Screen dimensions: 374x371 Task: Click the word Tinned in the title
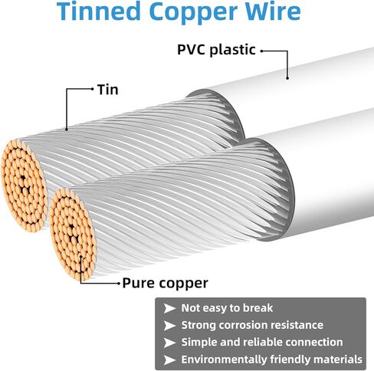point(99,11)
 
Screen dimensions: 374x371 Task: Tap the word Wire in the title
point(273,11)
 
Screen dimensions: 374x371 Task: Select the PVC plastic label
point(216,50)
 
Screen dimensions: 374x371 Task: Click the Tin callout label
point(108,90)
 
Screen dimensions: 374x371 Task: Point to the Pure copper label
point(165,283)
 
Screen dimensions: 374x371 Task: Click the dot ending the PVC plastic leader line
point(287,78)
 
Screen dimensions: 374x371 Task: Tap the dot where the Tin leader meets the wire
point(67,130)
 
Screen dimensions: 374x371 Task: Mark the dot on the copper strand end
point(80,256)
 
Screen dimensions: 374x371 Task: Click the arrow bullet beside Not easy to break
point(169,308)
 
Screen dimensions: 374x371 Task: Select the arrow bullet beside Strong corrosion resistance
point(169,326)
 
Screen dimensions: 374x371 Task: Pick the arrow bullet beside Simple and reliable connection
point(169,343)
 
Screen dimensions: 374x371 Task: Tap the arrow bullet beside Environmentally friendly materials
point(169,360)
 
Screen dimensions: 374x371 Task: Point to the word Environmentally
point(224,360)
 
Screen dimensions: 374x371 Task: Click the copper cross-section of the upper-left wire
point(25,186)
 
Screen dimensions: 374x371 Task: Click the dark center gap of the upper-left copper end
point(24,178)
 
